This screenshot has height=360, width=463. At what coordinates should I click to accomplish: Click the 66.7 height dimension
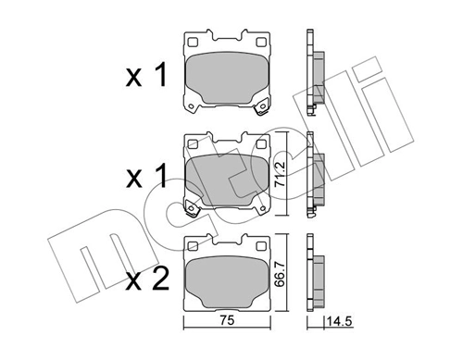[x=283, y=272]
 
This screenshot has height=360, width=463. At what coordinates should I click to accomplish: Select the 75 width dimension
[x=227, y=323]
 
